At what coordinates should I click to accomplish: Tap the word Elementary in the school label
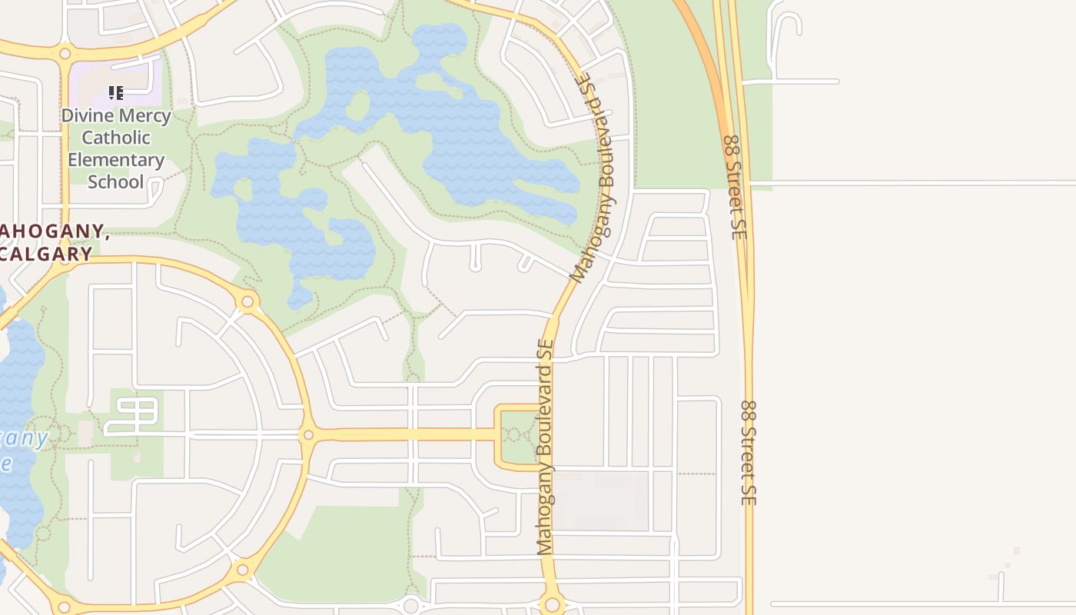pos(116,160)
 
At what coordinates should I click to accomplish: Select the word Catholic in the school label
pos(116,138)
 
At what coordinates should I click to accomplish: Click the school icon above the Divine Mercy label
pos(116,94)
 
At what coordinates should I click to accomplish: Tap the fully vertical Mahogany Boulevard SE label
pos(546,447)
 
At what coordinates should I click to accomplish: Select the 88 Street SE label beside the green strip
pos(735,187)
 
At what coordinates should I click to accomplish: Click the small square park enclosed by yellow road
pos(520,436)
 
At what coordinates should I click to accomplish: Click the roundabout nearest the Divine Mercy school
pos(65,54)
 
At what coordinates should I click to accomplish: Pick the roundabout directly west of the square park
pos(308,435)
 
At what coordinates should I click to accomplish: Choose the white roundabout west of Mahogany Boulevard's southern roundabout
pos(411,606)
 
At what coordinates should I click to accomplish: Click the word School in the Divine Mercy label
pos(116,182)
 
